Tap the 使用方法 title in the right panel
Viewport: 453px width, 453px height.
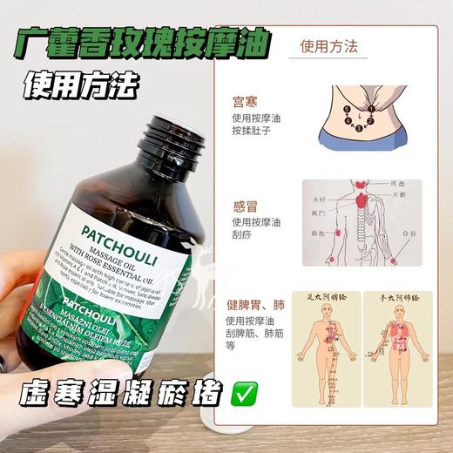tap(329, 47)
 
